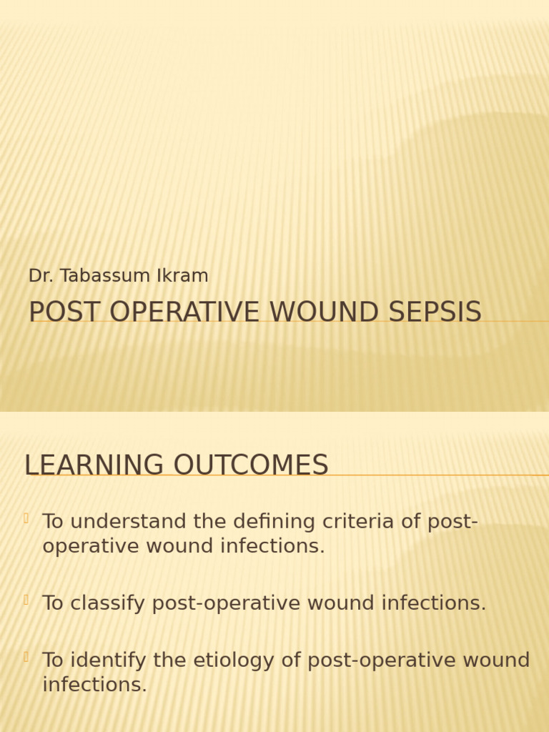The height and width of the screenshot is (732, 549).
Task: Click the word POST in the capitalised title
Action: click(x=59, y=312)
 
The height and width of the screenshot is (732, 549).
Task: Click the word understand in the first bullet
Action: click(x=129, y=522)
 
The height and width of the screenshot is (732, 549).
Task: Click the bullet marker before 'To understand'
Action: click(x=26, y=518)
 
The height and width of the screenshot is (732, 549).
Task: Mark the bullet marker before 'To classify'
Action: click(x=26, y=600)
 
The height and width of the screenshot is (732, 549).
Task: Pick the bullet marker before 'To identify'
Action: click(x=26, y=657)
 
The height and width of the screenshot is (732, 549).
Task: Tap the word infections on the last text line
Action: click(x=94, y=685)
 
